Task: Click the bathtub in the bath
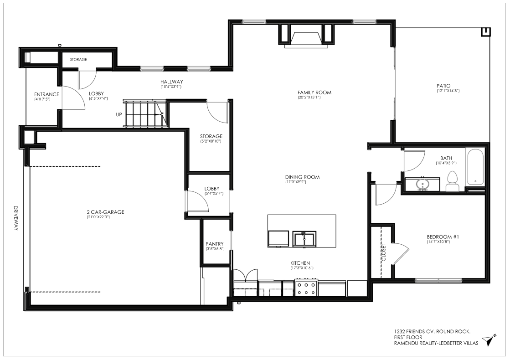tap(475, 167)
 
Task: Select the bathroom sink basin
tap(422, 185)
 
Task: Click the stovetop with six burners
tap(306, 288)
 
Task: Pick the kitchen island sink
tap(304, 239)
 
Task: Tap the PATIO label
tap(443, 86)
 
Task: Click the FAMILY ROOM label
tap(314, 93)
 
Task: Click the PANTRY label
tap(214, 244)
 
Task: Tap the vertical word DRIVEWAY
tap(16, 218)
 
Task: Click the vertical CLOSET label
tap(383, 252)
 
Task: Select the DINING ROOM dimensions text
tap(296, 182)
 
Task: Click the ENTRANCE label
tap(46, 94)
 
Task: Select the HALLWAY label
tap(171, 82)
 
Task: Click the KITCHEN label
tap(300, 263)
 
